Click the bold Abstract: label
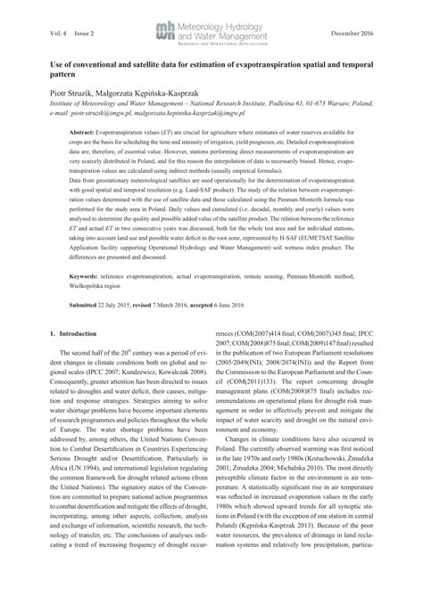pyautogui.click(x=85, y=131)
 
